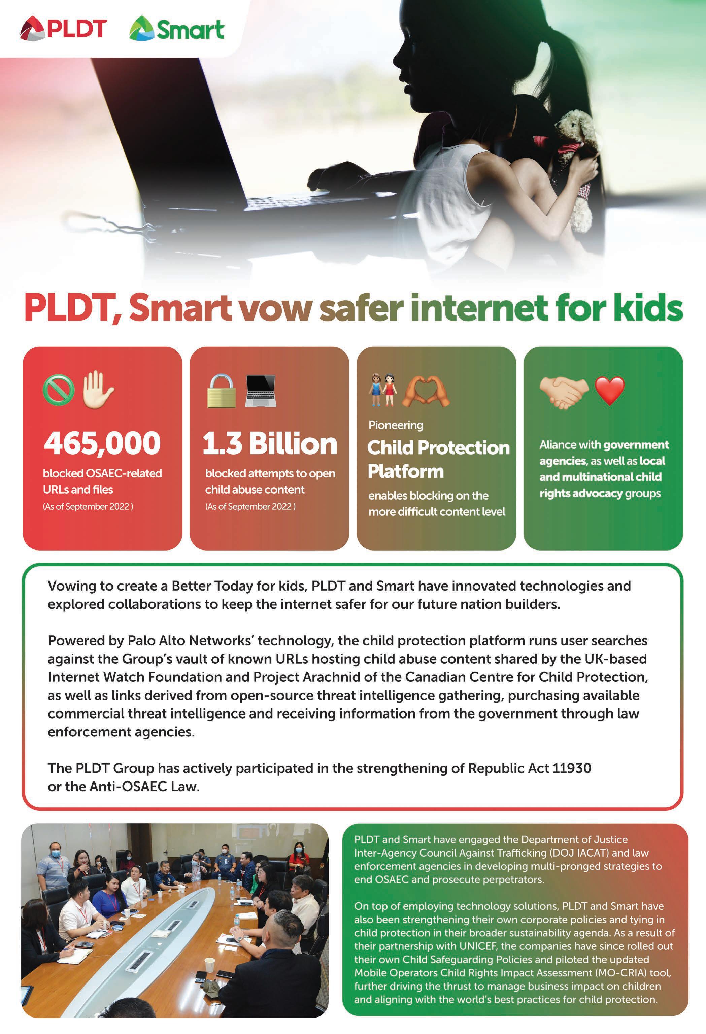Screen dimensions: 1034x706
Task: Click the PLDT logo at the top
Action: (x=63, y=29)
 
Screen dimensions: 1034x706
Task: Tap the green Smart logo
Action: (x=177, y=29)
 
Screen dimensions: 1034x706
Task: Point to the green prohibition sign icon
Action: (x=58, y=390)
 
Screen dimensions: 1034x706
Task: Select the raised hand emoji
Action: (x=97, y=390)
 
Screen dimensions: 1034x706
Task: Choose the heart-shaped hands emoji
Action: (x=426, y=391)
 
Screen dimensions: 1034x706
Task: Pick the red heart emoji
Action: (x=609, y=390)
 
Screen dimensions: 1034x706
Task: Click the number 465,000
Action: (x=102, y=443)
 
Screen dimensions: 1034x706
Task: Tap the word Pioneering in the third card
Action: (x=396, y=425)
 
